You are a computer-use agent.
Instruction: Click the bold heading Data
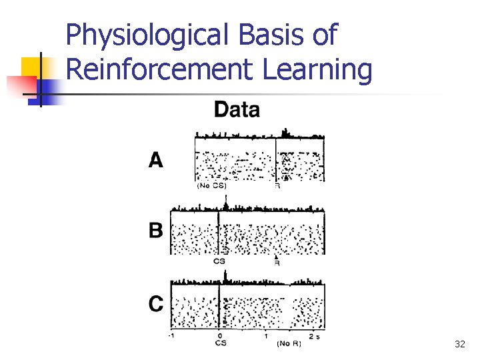(x=237, y=109)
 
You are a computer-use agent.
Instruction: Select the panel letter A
(x=155, y=161)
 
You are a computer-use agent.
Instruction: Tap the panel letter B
(x=155, y=231)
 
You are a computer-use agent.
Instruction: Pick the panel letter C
(x=155, y=305)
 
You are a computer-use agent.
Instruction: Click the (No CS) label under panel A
(x=212, y=186)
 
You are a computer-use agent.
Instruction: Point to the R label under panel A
(x=277, y=186)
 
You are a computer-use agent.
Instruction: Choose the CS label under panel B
(x=219, y=261)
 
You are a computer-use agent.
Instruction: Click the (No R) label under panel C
(x=289, y=343)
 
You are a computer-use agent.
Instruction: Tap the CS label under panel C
(x=221, y=343)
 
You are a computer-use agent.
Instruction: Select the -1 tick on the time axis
(x=171, y=336)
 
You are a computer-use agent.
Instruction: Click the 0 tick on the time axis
(x=221, y=336)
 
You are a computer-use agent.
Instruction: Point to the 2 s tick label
(x=314, y=336)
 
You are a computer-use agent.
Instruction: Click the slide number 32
(x=459, y=344)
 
